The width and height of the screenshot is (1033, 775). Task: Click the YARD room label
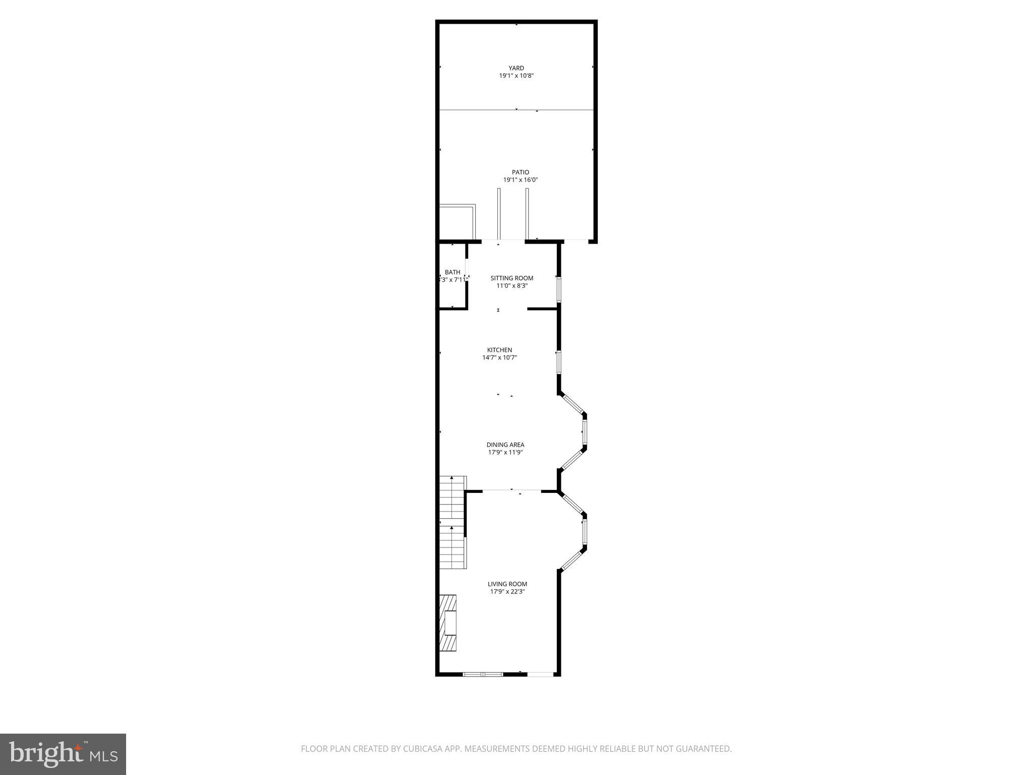(516, 68)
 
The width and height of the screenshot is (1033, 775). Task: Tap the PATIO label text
(521, 173)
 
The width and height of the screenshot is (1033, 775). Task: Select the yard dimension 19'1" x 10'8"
(516, 76)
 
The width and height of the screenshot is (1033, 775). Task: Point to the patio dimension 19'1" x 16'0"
(521, 180)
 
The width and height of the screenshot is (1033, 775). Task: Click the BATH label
(452, 272)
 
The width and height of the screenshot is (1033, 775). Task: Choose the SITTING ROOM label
(512, 278)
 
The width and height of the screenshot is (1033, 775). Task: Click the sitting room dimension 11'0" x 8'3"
(512, 286)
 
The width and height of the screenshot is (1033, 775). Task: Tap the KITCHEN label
(499, 350)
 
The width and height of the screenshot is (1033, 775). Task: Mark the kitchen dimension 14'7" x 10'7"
(499, 358)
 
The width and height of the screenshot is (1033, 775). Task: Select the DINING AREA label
(505, 445)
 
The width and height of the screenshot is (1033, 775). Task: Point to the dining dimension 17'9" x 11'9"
(505, 453)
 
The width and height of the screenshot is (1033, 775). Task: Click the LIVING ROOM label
(507, 584)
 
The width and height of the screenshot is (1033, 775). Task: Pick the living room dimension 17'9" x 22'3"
(507, 592)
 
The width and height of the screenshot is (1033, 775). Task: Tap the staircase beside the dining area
(452, 522)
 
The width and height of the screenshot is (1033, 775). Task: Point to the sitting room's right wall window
(559, 289)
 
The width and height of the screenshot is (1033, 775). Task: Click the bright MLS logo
(63, 754)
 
